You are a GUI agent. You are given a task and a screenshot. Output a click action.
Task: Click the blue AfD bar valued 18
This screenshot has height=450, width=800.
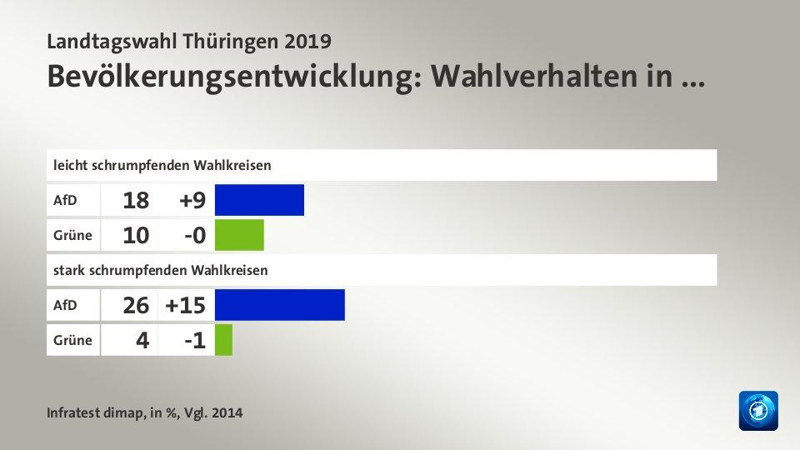(x=259, y=200)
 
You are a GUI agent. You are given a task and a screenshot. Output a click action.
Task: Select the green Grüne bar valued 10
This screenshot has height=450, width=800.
(x=239, y=235)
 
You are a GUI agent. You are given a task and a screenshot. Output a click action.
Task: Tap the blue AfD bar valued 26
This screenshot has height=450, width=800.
(x=279, y=305)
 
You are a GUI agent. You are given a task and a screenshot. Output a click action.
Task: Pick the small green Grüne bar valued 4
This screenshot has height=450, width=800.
(x=223, y=340)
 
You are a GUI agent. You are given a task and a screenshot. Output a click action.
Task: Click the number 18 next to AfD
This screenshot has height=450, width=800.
(x=137, y=201)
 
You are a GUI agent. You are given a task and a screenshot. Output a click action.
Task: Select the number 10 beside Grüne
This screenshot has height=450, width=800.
(x=137, y=236)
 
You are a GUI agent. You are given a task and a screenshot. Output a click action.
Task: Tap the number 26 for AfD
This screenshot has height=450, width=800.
(x=137, y=306)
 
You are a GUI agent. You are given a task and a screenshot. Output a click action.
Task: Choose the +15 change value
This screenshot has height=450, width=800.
(x=185, y=306)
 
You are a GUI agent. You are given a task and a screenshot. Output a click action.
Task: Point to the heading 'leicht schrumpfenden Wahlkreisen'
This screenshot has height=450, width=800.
(x=162, y=165)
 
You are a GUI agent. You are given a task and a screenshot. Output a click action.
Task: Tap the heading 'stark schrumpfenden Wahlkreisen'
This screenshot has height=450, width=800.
(x=160, y=270)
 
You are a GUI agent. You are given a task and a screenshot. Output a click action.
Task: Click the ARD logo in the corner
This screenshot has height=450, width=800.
(x=757, y=410)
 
